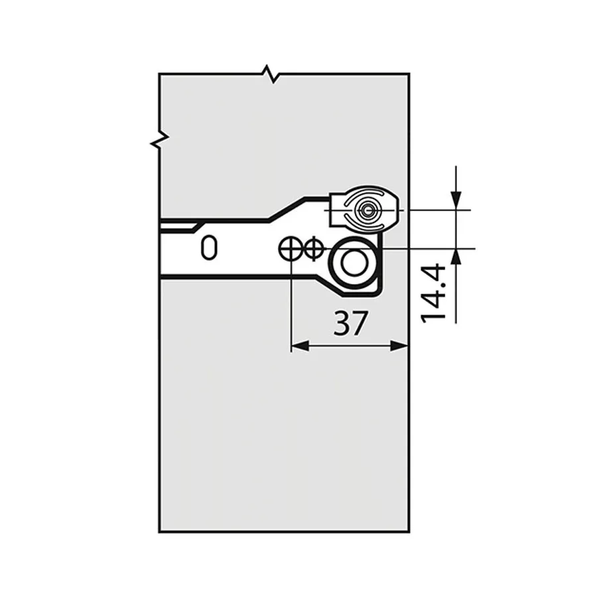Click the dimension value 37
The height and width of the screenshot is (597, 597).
(x=350, y=323)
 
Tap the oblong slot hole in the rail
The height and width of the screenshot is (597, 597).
(x=209, y=248)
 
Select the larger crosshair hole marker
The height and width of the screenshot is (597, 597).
(x=291, y=249)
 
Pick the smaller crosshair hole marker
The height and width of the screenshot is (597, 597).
(x=313, y=249)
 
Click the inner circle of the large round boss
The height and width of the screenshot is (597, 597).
(x=354, y=263)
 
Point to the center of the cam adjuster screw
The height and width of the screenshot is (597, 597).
(x=367, y=210)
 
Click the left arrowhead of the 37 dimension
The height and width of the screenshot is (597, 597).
(x=299, y=346)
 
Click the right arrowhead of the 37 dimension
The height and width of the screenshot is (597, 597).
(x=400, y=346)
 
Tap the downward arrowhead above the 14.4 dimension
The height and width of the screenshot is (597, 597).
(x=456, y=200)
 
